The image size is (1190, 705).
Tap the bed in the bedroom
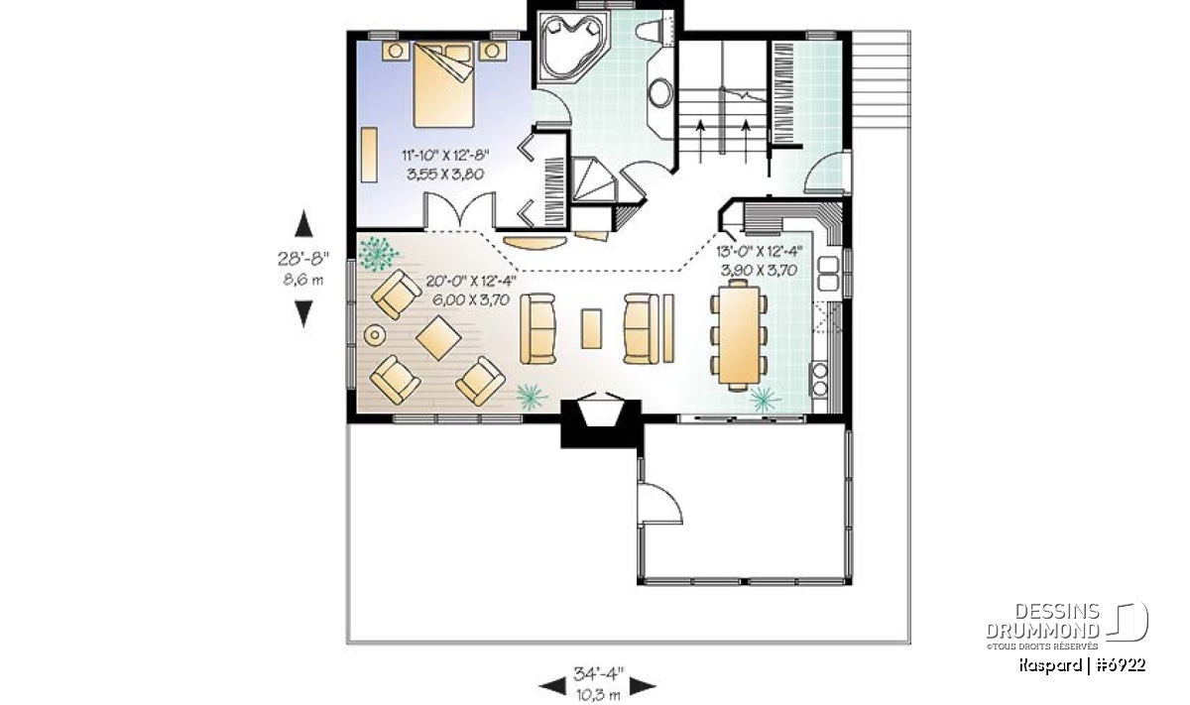[443, 85]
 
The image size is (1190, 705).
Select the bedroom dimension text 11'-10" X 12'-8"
[445, 155]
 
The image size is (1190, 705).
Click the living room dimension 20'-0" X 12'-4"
[471, 281]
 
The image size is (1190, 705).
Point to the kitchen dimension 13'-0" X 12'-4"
[760, 251]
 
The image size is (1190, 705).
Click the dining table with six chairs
[739, 335]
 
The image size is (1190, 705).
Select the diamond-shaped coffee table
[438, 338]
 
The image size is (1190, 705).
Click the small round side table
[375, 335]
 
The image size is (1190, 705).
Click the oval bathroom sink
[660, 93]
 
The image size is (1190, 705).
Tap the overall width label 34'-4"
[598, 673]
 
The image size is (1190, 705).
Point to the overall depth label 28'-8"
[303, 259]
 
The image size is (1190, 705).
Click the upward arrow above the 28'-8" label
[303, 223]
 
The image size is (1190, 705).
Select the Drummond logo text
[1043, 621]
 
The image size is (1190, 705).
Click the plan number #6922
[1121, 665]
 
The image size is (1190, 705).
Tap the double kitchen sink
[828, 274]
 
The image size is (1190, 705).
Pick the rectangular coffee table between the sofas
[591, 329]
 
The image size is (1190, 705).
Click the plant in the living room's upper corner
[378, 254]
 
